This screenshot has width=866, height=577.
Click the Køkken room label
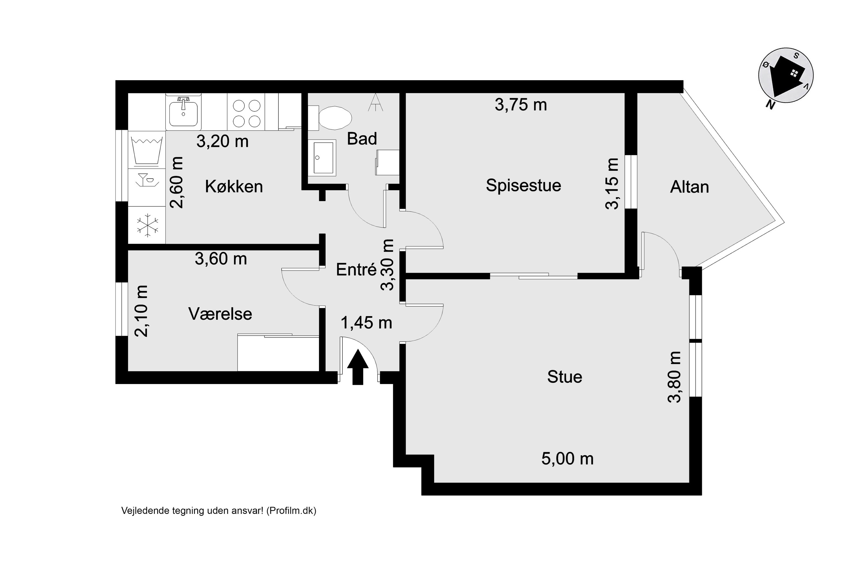point(234,187)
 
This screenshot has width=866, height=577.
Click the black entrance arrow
point(358,367)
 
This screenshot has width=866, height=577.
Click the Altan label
point(689,187)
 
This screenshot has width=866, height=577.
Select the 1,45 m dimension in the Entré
point(366,323)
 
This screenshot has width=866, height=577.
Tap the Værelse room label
point(220,314)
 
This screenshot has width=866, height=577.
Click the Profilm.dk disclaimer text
point(219,510)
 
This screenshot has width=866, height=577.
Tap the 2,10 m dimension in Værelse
point(141,311)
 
